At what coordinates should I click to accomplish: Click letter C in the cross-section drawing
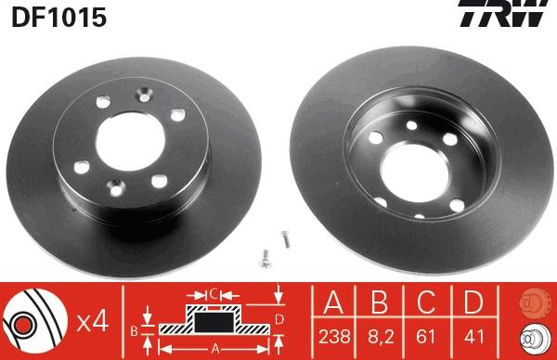tap(214, 294)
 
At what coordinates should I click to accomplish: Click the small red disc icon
tap(531, 302)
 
